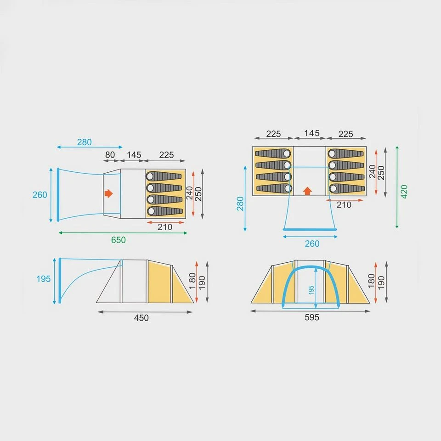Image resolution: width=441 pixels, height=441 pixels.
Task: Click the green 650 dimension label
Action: [119, 240]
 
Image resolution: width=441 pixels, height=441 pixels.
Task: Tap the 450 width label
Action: [141, 318]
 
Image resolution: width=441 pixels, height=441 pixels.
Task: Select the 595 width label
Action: [312, 317]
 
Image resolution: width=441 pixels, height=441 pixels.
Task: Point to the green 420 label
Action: [404, 192]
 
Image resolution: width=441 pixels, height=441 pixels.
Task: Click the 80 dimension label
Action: [110, 155]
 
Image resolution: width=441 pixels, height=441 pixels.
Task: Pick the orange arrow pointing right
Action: [108, 193]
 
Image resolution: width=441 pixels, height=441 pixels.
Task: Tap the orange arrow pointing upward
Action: [307, 191]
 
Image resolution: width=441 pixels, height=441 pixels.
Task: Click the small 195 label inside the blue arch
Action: [311, 290]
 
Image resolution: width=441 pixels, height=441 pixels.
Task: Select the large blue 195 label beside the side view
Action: [44, 279]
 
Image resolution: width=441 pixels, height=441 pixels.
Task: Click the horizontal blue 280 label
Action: [85, 142]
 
